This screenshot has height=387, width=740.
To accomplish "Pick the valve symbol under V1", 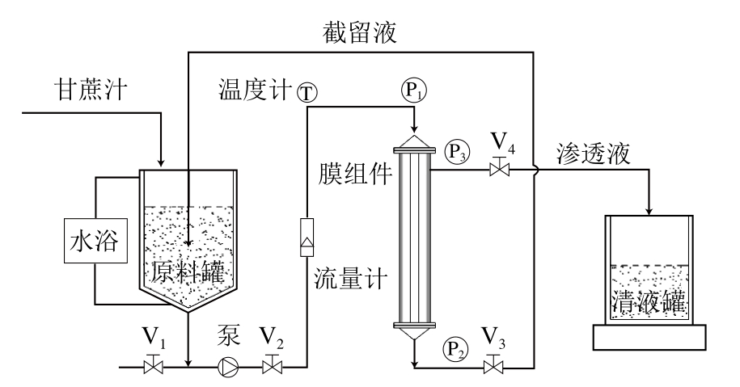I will click(x=150, y=368).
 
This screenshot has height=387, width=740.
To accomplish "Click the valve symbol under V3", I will click(x=491, y=368).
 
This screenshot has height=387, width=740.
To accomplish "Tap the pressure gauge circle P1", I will click(x=412, y=90).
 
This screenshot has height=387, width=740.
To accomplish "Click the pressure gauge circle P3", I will click(x=455, y=149).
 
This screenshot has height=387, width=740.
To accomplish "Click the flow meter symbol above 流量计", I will click(x=307, y=238).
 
